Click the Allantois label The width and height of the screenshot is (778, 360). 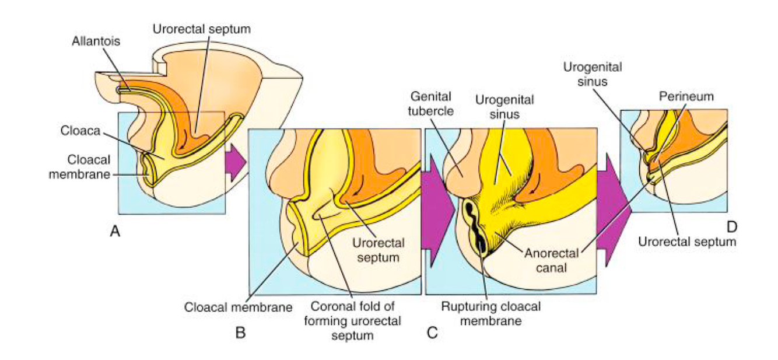[x=93, y=43]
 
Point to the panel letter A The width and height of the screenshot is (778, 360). [x=115, y=232]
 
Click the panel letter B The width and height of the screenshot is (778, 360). [x=240, y=333]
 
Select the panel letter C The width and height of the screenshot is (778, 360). [x=432, y=333]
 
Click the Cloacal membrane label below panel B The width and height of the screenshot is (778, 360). [x=238, y=306]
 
